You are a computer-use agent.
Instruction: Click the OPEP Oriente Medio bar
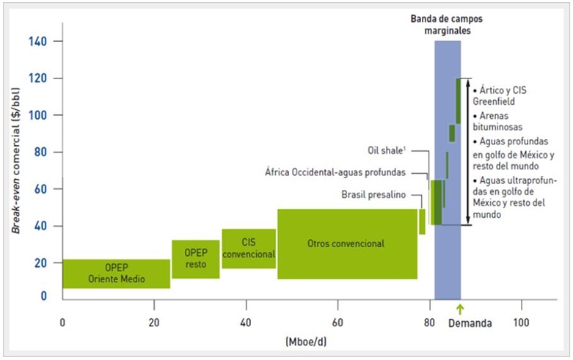tap(116, 273)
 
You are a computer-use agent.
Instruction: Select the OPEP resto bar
tap(196, 259)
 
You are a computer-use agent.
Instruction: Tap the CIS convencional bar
tap(249, 249)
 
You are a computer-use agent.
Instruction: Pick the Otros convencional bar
tap(347, 243)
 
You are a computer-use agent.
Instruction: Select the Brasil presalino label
tap(374, 195)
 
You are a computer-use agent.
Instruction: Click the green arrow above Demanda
tap(460, 307)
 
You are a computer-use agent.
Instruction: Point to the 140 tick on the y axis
tap(39, 41)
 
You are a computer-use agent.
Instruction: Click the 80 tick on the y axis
tap(42, 153)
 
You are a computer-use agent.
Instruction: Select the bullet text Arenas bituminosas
tap(500, 122)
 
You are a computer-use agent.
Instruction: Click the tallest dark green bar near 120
tap(458, 101)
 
